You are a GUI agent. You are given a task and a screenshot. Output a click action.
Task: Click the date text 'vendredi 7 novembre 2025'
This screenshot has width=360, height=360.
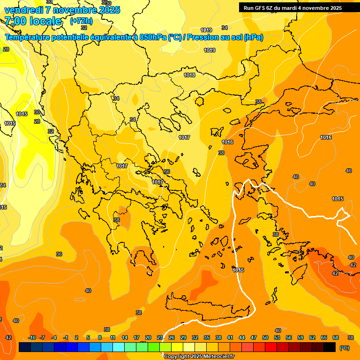62,10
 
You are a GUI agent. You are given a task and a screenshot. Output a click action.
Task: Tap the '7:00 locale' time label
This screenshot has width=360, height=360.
33,21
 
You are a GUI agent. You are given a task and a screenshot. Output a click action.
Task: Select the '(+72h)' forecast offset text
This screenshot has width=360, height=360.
81,21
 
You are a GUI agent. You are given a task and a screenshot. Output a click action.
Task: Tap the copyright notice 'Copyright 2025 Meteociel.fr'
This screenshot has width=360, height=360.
199,357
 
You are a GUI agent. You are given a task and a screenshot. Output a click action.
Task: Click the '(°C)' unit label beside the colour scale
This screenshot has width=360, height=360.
345,348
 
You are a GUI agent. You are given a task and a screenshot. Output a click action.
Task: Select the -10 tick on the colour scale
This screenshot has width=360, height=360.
32,338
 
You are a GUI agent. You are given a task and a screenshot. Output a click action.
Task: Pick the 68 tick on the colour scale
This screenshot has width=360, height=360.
336,338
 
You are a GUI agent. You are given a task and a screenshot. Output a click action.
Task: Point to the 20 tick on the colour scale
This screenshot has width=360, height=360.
148,338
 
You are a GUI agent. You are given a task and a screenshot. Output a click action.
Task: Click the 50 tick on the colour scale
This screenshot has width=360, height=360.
265,338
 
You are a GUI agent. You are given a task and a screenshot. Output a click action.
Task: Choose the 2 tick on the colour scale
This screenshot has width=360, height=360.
76,338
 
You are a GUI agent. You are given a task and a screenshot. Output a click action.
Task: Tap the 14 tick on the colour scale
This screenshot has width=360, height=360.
125,338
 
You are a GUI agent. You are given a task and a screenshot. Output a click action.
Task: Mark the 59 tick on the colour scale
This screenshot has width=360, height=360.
300,338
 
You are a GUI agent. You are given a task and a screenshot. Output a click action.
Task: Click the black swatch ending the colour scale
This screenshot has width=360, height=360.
330,347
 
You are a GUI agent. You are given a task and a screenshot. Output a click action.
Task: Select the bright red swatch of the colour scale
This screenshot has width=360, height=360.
271,347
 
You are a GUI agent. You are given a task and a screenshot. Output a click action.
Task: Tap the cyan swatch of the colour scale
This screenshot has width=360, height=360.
119,347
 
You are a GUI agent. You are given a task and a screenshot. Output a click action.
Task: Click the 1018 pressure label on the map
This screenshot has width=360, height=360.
189,75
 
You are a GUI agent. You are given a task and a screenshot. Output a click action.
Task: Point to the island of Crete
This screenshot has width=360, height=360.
206,305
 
